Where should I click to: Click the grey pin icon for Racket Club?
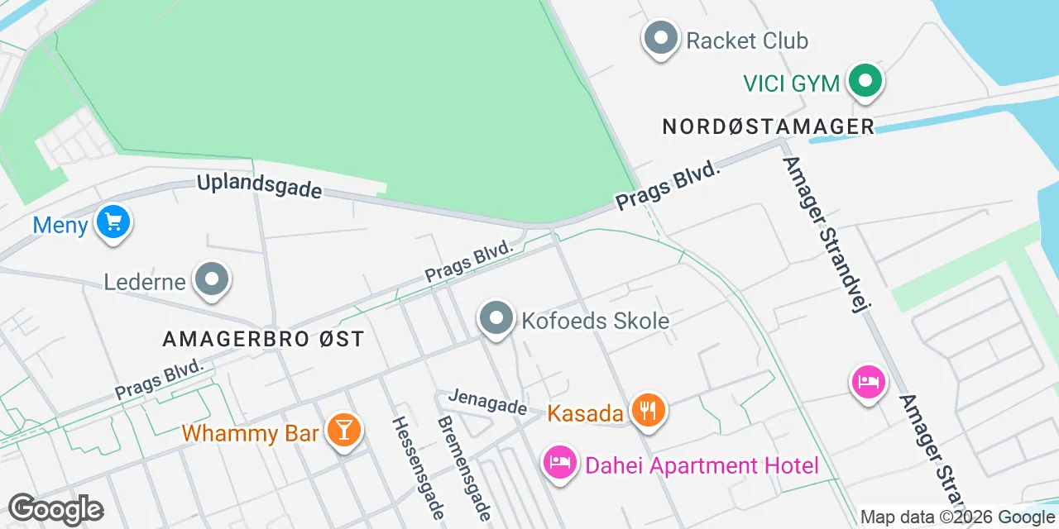[x=660, y=39]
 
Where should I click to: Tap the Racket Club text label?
[x=747, y=41]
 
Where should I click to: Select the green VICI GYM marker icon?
[x=865, y=81]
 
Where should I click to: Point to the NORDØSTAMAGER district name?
[x=769, y=126]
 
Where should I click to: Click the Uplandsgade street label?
[x=259, y=185]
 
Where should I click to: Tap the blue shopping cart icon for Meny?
[x=113, y=222]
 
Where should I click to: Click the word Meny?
[x=60, y=225]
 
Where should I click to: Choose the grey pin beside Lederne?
[x=212, y=279]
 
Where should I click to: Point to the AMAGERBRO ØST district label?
[x=263, y=339]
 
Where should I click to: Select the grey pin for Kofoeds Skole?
[x=496, y=318]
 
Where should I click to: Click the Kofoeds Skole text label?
[x=595, y=321]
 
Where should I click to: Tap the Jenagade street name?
[x=487, y=402]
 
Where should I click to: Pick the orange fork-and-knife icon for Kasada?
[x=648, y=411]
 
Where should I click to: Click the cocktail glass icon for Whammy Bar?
[x=342, y=430]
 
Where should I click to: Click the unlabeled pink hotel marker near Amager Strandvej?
[x=868, y=383]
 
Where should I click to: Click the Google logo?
[x=55, y=509]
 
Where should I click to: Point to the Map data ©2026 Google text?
[x=957, y=517]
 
